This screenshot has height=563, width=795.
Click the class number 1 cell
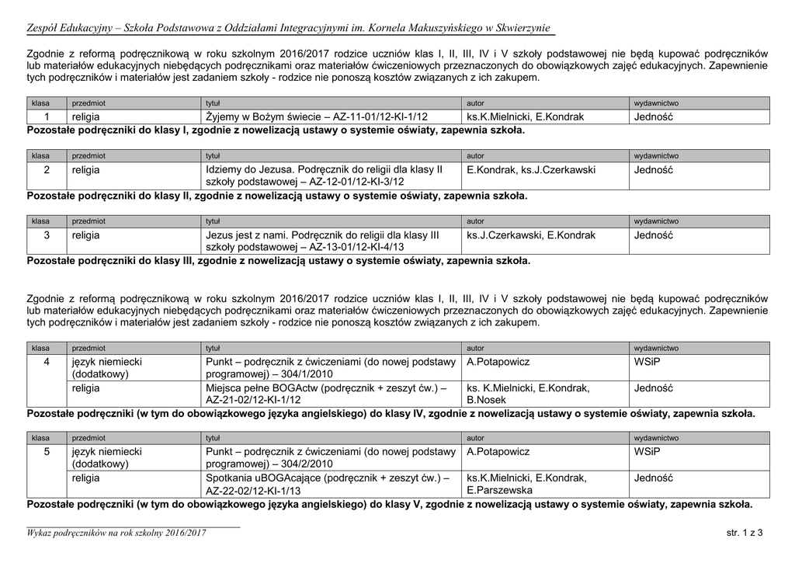point(47,116)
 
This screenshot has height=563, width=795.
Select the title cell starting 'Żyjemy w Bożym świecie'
point(317,116)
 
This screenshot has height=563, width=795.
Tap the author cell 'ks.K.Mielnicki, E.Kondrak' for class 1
point(525,116)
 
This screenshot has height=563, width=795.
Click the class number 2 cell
point(47,169)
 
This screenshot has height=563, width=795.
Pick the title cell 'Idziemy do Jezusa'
point(324,175)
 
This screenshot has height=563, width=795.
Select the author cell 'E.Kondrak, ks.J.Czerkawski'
point(531,169)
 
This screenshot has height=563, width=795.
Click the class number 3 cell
point(47,235)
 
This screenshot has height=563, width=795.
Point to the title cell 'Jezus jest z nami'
point(322,240)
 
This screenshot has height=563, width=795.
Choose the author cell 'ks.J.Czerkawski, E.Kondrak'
point(531,235)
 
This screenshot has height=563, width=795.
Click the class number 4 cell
point(47,362)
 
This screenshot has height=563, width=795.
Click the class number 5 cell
point(47,451)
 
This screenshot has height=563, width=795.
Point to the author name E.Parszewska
point(500,491)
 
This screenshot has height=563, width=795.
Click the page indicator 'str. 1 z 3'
point(745,532)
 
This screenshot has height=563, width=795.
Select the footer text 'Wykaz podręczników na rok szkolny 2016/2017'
point(116,532)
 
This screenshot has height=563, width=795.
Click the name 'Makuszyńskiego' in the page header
point(422,29)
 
